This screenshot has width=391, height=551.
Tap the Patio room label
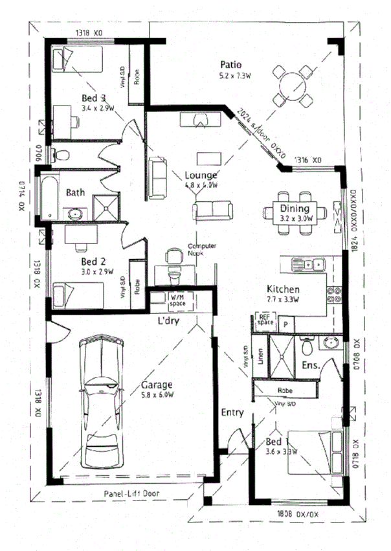tap(230, 65)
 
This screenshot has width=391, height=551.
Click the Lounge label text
tap(201, 175)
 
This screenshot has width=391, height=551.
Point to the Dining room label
tap(295, 208)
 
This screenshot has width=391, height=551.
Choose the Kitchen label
tap(284, 289)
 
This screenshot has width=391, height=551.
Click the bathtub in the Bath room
tap(49, 197)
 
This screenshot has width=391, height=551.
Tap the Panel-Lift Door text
tap(133, 493)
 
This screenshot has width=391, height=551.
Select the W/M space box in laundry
tap(177, 298)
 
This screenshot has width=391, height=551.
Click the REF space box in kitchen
tap(265, 320)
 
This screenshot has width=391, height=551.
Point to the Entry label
tap(232, 412)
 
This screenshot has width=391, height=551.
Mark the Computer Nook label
tap(201, 249)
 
